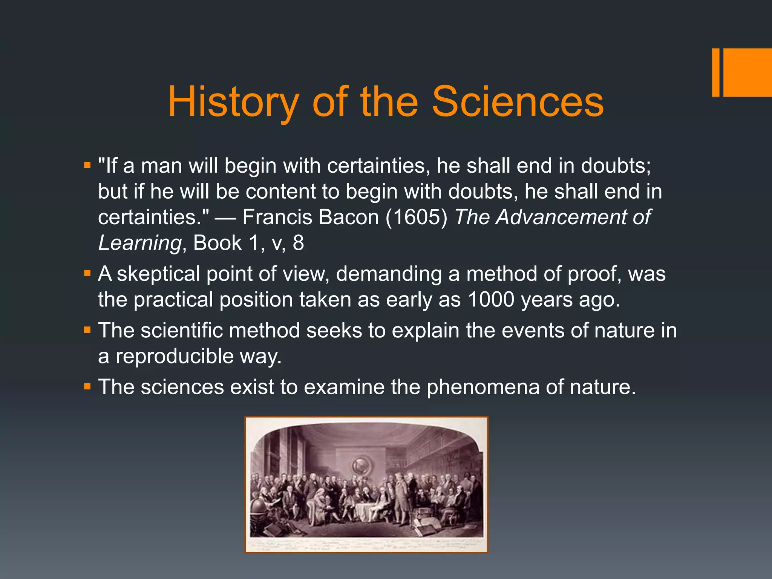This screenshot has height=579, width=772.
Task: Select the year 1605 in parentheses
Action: coord(416,218)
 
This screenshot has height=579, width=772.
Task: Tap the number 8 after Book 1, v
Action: coord(298,243)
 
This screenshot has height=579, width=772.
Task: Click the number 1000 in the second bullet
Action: coord(491,300)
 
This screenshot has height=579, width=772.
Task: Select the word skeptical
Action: coord(158,274)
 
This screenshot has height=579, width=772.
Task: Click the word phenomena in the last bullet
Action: coord(483,388)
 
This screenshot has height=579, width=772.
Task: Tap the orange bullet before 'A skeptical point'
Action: coord(87,273)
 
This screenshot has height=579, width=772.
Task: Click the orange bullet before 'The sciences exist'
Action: coord(87,386)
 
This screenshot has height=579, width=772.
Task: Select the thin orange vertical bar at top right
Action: coord(715,72)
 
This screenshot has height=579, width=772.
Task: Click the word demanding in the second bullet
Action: coord(389,274)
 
